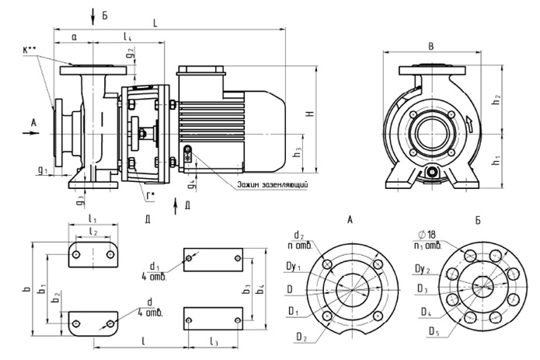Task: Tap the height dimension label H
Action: (x=309, y=114)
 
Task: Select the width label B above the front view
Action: (x=431, y=45)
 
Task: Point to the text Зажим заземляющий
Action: (x=272, y=184)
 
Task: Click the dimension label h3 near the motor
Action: (x=298, y=154)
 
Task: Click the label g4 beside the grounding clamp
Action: (x=191, y=185)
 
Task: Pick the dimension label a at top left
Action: (x=73, y=37)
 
